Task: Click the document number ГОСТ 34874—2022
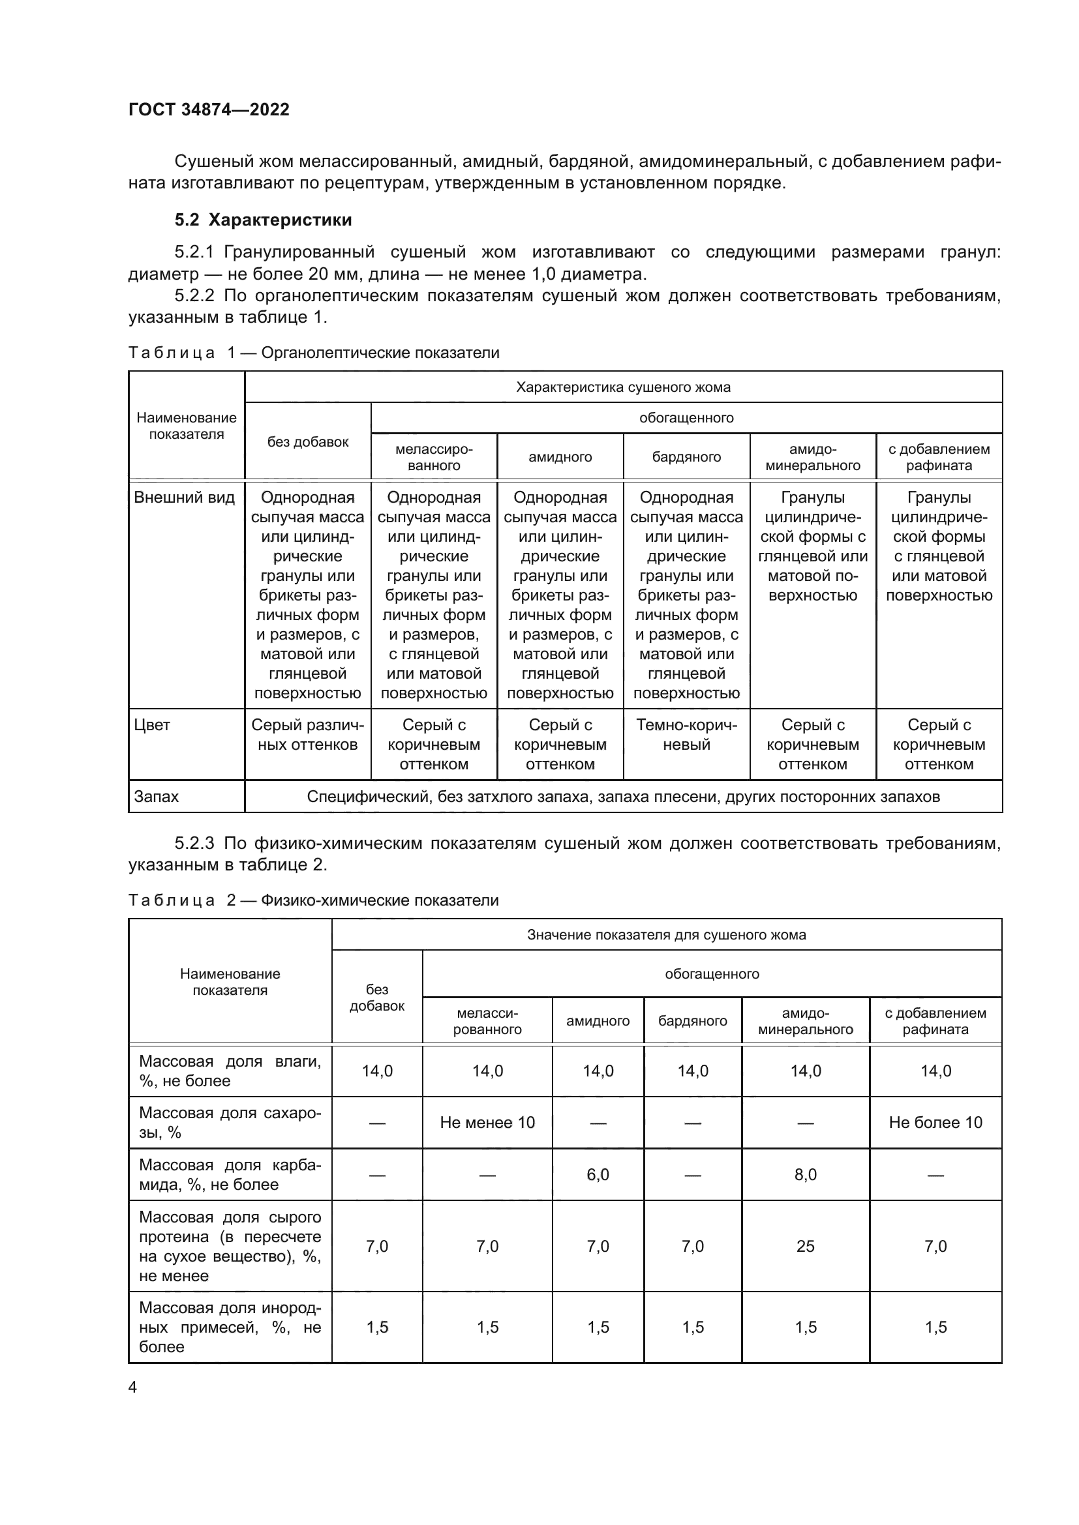(209, 110)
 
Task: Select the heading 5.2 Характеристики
(263, 220)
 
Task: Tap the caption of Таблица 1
(314, 353)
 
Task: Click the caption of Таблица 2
(313, 900)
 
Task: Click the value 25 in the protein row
(805, 1246)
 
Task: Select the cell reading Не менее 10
(487, 1123)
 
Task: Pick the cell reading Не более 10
(935, 1123)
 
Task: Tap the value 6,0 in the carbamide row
(598, 1174)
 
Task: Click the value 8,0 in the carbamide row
(805, 1174)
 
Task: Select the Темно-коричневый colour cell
(686, 735)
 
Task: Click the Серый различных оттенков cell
(308, 735)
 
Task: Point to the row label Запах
(157, 796)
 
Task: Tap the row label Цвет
(152, 725)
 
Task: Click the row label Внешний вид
(184, 498)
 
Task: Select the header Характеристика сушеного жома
(623, 387)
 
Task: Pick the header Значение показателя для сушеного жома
(667, 934)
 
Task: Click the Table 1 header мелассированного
(434, 457)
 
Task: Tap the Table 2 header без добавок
(376, 998)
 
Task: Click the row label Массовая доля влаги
(230, 1071)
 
